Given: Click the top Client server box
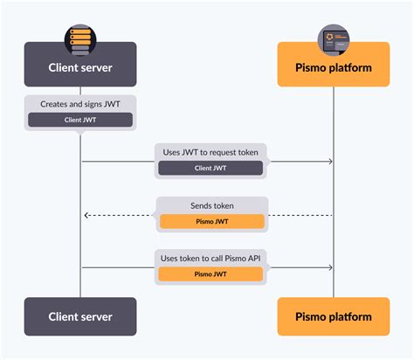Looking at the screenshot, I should pos(80,67).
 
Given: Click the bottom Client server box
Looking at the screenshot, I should pos(80,316).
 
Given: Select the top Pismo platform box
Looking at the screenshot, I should pos(333,67).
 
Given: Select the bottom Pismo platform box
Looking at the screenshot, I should pos(333,316).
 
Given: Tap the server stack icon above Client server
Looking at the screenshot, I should pos(80,38).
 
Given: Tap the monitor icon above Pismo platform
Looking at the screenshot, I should pos(333,38).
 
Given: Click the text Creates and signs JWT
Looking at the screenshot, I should pos(80,104).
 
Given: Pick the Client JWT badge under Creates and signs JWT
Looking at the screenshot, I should pos(80,120).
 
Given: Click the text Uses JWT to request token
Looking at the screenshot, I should pos(210,152).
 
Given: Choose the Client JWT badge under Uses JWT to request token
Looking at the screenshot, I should pos(210,168).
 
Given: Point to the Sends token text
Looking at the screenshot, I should pos(210,205).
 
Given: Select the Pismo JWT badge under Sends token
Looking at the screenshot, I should pos(210,221).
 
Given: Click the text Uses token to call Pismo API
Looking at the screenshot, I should pos(210,258).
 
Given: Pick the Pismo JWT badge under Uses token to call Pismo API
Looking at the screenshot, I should pos(210,273).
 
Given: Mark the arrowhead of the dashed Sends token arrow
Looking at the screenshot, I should pos(86,215).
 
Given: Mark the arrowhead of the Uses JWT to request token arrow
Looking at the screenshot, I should pos(330,162).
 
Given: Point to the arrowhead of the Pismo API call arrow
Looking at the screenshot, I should pos(330,268).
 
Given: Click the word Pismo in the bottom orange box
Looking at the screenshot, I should pos(310,316).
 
